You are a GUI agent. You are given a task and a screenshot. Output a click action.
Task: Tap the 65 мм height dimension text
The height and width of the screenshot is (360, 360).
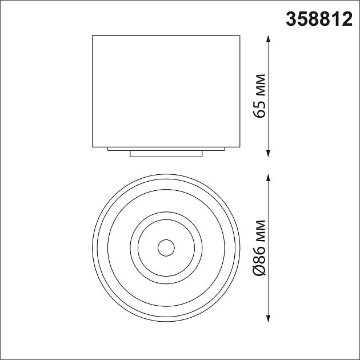pyautogui.click(x=261, y=95)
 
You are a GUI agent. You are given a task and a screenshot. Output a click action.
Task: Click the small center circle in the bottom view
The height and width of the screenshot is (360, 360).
pyautogui.click(x=166, y=247)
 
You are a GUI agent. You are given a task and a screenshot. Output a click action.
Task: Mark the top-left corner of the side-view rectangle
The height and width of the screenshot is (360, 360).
pyautogui.click(x=93, y=37)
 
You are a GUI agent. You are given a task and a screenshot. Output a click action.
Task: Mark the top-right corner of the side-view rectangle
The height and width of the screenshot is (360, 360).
pyautogui.click(x=240, y=37)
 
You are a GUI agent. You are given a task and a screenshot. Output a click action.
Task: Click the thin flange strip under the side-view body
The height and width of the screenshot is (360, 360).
pyautogui.click(x=166, y=149)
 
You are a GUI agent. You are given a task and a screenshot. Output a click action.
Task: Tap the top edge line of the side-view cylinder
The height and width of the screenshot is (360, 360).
pyautogui.click(x=166, y=37)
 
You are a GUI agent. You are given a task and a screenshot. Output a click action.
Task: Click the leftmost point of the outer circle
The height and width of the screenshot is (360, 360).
pyautogui.click(x=93, y=247)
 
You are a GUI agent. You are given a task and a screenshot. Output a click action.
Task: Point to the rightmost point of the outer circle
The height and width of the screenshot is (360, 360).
pyautogui.click(x=240, y=247)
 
